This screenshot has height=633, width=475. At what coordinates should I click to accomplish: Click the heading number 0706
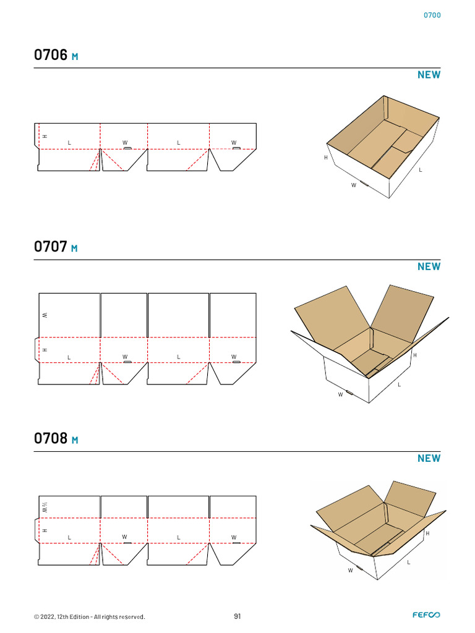click(51, 55)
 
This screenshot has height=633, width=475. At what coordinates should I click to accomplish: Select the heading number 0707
click(51, 247)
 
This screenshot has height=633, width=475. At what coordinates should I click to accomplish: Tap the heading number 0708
click(51, 438)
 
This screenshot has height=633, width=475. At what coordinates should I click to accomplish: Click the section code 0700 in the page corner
click(432, 15)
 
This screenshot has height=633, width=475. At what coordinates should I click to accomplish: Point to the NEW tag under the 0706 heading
click(429, 75)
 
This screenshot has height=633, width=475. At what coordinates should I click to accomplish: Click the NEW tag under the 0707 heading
click(429, 267)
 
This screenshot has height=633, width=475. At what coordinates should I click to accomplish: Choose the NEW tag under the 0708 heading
click(429, 459)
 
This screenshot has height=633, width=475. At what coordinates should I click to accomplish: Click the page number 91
click(237, 616)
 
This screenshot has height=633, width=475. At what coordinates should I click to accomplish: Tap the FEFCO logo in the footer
click(427, 615)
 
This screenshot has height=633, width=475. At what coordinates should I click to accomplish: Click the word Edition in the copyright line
click(79, 617)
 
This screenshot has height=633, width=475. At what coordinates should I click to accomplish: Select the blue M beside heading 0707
click(74, 249)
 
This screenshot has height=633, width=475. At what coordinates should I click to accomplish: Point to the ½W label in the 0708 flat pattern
click(45, 508)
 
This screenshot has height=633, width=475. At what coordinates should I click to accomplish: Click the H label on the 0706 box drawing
click(326, 158)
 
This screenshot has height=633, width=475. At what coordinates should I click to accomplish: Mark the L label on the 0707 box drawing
click(400, 384)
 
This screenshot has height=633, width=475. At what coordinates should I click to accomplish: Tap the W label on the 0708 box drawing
click(350, 571)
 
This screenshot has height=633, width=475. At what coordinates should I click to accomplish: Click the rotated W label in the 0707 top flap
click(45, 315)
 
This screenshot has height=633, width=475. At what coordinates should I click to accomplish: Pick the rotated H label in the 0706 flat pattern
click(45, 137)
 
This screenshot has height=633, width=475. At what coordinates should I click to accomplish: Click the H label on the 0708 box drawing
click(428, 533)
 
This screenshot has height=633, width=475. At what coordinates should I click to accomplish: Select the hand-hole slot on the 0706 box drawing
click(364, 184)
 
